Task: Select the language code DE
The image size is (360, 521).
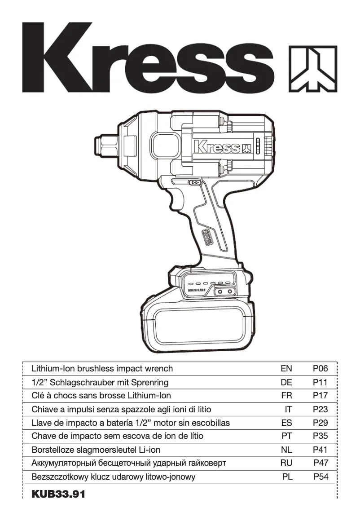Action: tap(286, 383)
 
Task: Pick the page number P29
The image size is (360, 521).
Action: tap(320, 423)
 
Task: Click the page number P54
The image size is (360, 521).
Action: tap(320, 477)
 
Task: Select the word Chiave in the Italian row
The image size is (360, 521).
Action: tap(45, 410)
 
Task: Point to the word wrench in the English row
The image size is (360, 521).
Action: tap(158, 369)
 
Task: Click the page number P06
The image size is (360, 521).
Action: tap(320, 369)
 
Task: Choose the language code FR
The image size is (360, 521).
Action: tap(286, 396)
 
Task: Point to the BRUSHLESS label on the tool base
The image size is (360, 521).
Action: tap(197, 291)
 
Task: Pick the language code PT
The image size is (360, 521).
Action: tap(286, 437)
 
